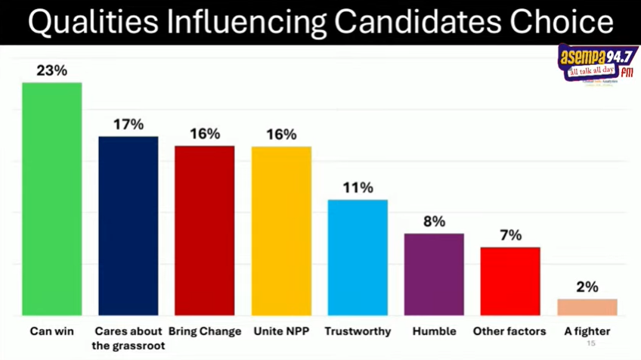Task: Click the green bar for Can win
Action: click(51, 198)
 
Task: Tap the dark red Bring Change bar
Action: click(205, 230)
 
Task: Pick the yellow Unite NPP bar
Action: click(281, 230)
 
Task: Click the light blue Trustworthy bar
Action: click(358, 257)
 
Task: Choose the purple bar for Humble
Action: click(434, 274)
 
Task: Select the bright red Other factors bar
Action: click(510, 281)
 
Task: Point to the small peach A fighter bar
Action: click(587, 306)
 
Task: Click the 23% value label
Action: click(52, 70)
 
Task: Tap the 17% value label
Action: click(129, 125)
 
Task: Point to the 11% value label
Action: click(358, 188)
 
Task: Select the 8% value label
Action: click(434, 222)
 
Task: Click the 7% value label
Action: click(511, 235)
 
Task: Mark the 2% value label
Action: click(587, 287)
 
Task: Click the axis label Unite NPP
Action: click(281, 331)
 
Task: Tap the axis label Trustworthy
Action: click(358, 331)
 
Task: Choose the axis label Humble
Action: click(435, 331)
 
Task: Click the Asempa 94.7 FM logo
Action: click(597, 64)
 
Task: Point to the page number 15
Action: click(591, 343)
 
